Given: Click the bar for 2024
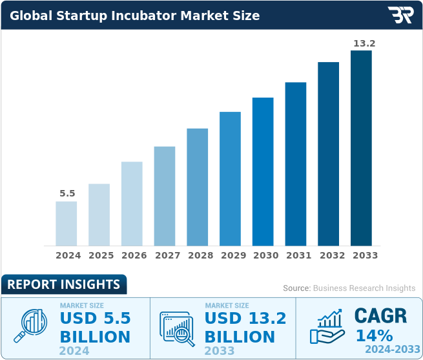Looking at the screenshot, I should [67, 223].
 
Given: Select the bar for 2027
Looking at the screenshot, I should [165, 196].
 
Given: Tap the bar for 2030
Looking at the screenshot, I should [263, 171].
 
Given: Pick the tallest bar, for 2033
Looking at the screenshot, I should [361, 148].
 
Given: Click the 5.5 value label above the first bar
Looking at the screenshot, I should [67, 193].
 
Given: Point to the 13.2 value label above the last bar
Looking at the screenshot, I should [363, 43].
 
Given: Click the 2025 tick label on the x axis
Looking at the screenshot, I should [101, 255].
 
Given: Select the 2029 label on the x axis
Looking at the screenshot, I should [232, 255].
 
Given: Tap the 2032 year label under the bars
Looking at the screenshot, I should [331, 255].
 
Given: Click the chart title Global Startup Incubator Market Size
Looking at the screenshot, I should [135, 16].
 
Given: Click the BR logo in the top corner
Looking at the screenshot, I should [400, 15].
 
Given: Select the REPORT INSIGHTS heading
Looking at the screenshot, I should [63, 284].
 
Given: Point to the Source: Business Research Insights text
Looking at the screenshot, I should [349, 288].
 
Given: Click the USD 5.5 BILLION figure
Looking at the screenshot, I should [95, 328].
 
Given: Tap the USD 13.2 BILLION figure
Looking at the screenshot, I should [245, 328].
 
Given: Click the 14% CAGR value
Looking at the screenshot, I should [374, 335].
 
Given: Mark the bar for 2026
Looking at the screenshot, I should [132, 204].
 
